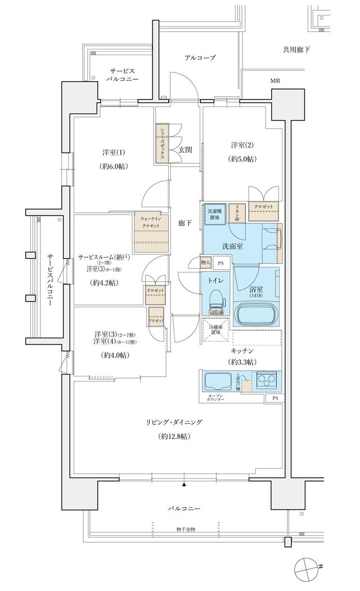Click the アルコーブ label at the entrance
click(x=200, y=57)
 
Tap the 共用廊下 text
click(x=296, y=50)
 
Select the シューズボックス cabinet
click(x=162, y=144)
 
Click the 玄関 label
click(x=186, y=150)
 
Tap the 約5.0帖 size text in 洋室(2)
click(x=242, y=159)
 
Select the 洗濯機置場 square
click(x=214, y=213)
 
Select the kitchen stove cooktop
click(x=266, y=381)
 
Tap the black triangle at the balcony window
click(x=184, y=484)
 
